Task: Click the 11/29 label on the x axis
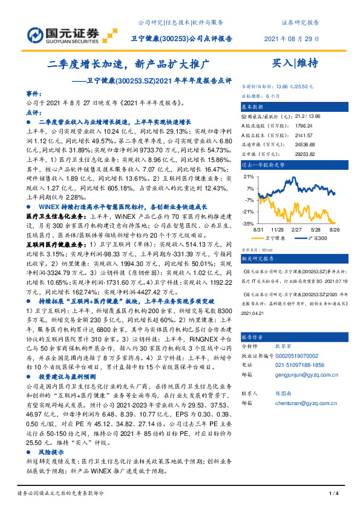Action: click(277, 230)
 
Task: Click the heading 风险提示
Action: click(51, 451)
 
